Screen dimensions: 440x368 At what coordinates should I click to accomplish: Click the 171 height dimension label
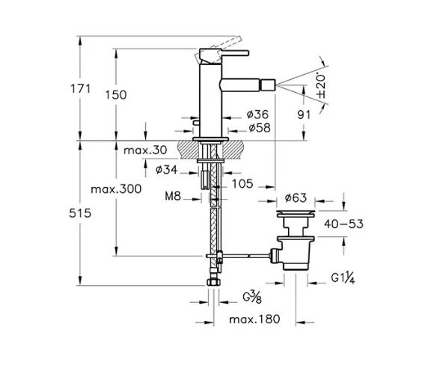coord(80,89)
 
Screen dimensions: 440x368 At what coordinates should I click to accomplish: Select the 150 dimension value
coord(116,95)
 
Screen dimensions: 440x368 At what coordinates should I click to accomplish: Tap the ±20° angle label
coord(321,86)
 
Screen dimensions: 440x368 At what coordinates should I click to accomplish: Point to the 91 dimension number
coord(304,114)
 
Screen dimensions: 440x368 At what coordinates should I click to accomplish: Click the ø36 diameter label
coord(257,114)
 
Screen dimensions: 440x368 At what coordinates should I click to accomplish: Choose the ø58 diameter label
coord(260,128)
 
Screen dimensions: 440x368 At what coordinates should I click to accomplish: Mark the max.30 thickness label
coord(145,150)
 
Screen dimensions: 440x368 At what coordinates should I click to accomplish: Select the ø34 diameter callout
coord(167,169)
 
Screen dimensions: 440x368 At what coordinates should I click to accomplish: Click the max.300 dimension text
coord(116,189)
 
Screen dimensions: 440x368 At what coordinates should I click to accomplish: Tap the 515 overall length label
coord(80,213)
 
